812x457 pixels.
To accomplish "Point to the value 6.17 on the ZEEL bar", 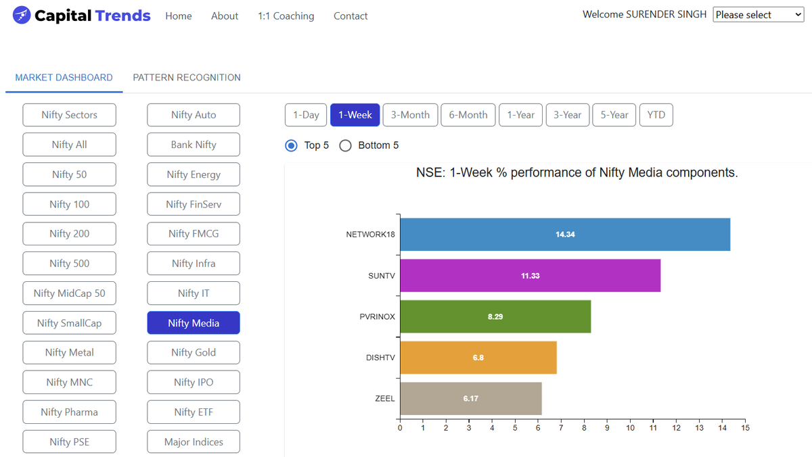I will [471, 399].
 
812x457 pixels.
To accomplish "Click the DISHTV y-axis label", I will [380, 358].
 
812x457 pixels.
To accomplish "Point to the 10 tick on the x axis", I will [630, 427].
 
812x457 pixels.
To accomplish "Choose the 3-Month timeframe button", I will [410, 115].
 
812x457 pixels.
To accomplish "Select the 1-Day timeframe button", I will [306, 115].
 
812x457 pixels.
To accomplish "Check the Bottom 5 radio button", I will [345, 145].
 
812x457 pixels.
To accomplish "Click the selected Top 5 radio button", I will [292, 145].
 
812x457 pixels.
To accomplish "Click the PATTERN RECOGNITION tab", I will [187, 78].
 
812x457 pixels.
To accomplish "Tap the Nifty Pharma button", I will [69, 412].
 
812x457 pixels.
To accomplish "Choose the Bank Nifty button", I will [194, 145].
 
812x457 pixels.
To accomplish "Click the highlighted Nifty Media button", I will [194, 323].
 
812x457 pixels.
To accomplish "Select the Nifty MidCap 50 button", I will [69, 293].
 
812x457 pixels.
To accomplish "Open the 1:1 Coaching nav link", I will [286, 16].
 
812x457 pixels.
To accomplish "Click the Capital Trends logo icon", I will [22, 15].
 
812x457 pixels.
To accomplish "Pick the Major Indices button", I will [194, 441].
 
